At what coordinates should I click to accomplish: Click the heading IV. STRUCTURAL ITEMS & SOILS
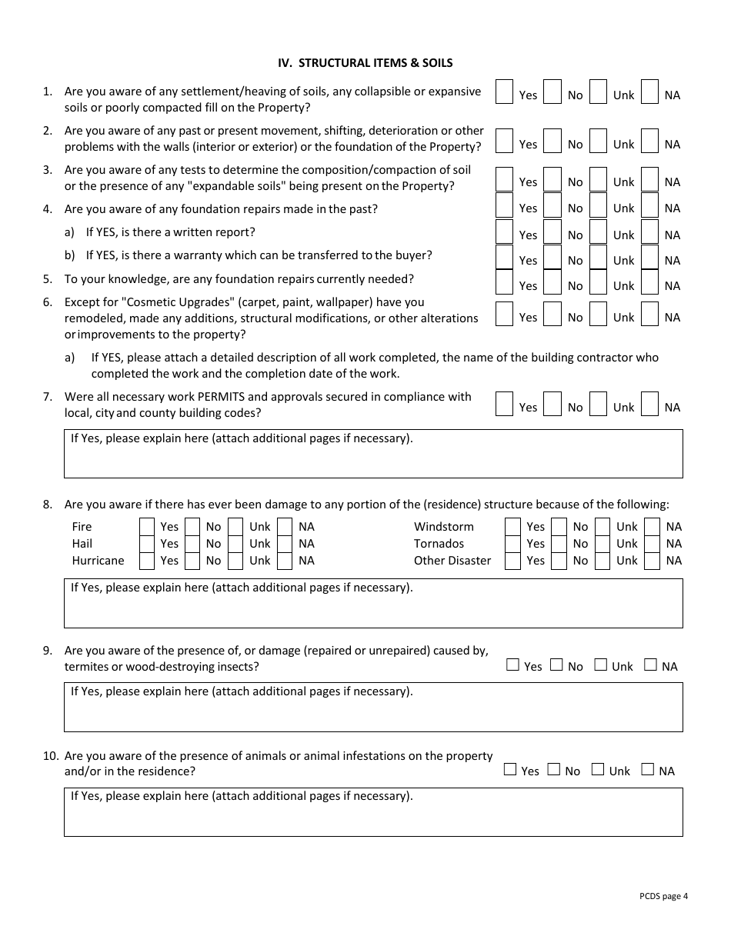(x=365, y=63)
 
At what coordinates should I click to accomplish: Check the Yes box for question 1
(x=504, y=92)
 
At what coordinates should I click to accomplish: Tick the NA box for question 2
(x=649, y=141)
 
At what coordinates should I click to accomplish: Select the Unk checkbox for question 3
(x=599, y=179)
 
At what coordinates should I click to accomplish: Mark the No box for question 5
(x=552, y=282)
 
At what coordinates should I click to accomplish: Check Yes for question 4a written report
(x=504, y=232)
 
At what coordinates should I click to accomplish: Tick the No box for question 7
(x=552, y=404)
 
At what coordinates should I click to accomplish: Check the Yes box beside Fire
(x=147, y=527)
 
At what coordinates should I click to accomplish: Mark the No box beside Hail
(x=192, y=544)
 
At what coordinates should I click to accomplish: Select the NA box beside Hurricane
(x=285, y=561)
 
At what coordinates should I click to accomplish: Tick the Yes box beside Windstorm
(x=512, y=527)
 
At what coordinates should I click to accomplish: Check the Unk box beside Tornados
(x=602, y=544)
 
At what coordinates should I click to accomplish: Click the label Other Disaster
(x=452, y=561)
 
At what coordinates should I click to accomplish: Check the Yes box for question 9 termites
(x=513, y=665)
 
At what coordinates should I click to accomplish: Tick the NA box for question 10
(x=648, y=770)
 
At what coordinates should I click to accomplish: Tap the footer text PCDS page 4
(x=663, y=895)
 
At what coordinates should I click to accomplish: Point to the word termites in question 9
(x=88, y=667)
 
